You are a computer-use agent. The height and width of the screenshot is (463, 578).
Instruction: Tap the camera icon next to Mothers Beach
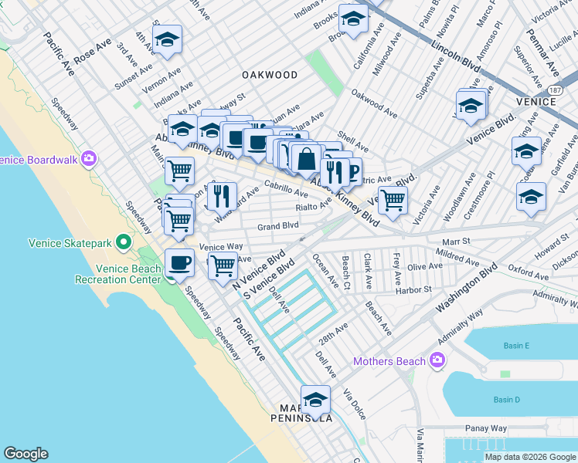(x=437, y=360)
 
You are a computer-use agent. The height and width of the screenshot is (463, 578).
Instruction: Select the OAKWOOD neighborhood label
(x=269, y=75)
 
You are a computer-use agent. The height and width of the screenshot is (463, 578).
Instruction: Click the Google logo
(x=25, y=454)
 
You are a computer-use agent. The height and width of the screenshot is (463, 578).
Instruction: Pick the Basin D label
(x=507, y=399)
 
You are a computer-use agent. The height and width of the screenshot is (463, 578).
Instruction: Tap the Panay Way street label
(x=486, y=428)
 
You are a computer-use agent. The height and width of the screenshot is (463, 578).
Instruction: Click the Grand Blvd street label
(x=278, y=226)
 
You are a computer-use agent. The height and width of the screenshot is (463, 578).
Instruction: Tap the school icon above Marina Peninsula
(x=315, y=399)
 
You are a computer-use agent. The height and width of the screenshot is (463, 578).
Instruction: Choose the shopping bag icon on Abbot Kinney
(x=307, y=159)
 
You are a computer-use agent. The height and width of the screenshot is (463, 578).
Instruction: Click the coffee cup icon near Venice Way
(x=179, y=262)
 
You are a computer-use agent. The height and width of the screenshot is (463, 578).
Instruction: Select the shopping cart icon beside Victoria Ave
(x=393, y=200)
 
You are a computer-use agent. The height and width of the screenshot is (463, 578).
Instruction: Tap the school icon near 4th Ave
(x=166, y=39)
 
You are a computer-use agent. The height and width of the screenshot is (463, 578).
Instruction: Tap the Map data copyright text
(x=530, y=457)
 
